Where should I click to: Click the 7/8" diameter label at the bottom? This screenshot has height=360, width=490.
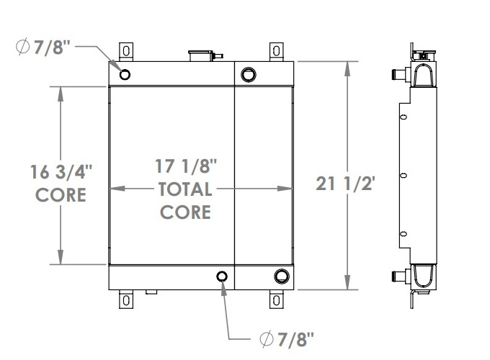pyautogui.click(x=286, y=338)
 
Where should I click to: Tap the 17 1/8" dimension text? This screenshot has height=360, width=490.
pyautogui.click(x=186, y=166)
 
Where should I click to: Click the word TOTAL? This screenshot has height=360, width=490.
pyautogui.click(x=185, y=189)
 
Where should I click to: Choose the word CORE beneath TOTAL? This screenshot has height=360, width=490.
pyautogui.click(x=185, y=212)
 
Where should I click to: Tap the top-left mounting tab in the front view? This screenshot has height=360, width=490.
pyautogui.click(x=126, y=52)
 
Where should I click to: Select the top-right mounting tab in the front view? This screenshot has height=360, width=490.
pyautogui.click(x=277, y=52)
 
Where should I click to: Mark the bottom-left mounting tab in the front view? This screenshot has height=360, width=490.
pyautogui.click(x=126, y=299)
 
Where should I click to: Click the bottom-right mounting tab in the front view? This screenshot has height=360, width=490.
pyautogui.click(x=277, y=299)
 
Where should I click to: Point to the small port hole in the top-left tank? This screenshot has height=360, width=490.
pyautogui.click(x=125, y=74)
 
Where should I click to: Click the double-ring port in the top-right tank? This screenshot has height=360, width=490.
pyautogui.click(x=249, y=73)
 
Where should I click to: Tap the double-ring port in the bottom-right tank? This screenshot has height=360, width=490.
pyautogui.click(x=282, y=276)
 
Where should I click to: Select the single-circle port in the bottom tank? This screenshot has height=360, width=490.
pyautogui.click(x=223, y=276)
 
